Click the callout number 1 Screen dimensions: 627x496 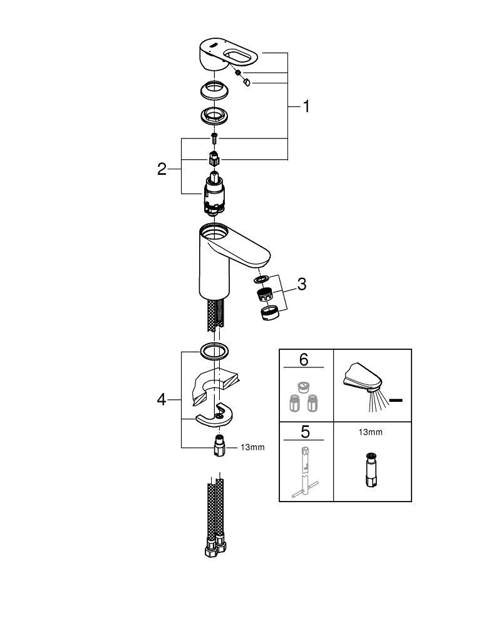306,107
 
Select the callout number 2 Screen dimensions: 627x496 162,169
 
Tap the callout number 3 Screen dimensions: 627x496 301,284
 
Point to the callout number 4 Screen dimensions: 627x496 162,399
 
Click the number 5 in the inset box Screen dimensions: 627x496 304,433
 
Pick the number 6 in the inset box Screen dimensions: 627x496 304,359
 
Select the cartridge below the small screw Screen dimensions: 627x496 214,194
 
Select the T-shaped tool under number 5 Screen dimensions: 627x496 304,474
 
